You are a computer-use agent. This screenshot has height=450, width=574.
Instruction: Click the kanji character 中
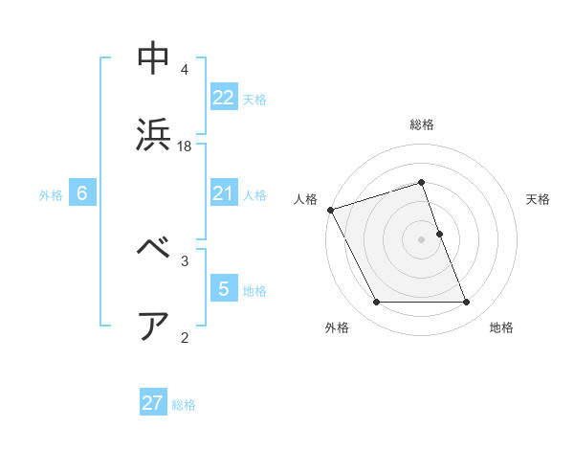click(x=154, y=59)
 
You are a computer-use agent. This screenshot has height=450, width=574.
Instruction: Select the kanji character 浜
click(x=154, y=134)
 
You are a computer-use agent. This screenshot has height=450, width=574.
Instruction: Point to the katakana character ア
click(x=154, y=326)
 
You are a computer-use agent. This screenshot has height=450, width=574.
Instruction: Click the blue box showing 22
click(x=223, y=97)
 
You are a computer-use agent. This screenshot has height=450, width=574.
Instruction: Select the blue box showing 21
click(x=223, y=193)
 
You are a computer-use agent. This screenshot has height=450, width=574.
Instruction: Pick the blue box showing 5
click(x=223, y=289)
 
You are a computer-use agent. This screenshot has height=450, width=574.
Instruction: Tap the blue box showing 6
click(x=82, y=193)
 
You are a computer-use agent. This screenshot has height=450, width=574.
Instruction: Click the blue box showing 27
click(x=153, y=403)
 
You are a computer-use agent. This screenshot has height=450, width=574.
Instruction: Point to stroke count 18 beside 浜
click(x=185, y=146)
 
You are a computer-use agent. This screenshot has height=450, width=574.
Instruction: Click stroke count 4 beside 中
click(x=185, y=70)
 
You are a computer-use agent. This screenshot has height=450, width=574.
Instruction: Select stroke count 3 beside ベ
click(x=185, y=260)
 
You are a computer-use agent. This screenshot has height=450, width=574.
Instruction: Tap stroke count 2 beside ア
click(x=185, y=337)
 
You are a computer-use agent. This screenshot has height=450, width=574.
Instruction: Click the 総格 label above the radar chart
click(x=422, y=124)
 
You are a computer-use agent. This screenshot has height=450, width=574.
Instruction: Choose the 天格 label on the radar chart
click(x=538, y=199)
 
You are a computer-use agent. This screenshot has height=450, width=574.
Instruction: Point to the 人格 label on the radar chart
click(x=305, y=199)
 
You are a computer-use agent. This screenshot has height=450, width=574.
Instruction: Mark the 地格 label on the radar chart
click(x=501, y=327)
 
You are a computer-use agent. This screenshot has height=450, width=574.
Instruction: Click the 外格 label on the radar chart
click(x=337, y=327)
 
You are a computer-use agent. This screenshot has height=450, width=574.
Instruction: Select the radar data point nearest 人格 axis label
click(x=330, y=210)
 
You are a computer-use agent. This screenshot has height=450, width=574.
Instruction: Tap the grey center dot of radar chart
click(x=422, y=239)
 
